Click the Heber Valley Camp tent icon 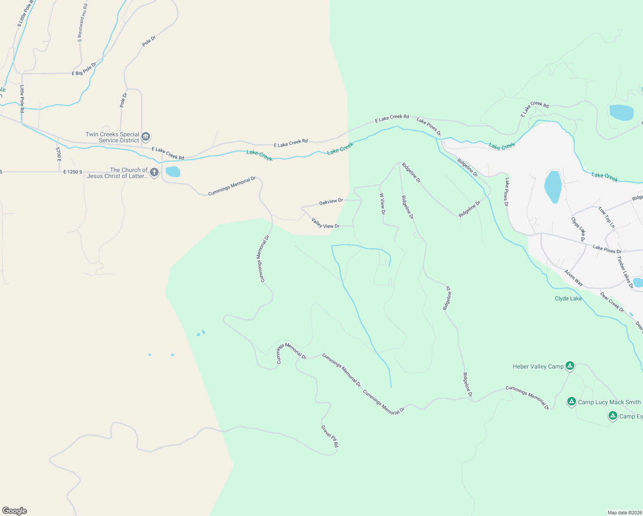570,366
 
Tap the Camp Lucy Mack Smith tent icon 571,402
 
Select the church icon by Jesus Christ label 154,172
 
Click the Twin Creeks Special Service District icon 146,137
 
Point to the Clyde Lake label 568,298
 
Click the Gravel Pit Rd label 330,436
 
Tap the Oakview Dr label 331,201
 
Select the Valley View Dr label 325,223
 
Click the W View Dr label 382,203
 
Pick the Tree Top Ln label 606,217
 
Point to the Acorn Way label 573,278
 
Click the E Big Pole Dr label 84,69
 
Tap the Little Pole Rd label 22,98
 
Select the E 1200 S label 73,172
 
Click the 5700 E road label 58,154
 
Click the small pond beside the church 173,172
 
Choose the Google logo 15,511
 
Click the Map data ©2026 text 624,513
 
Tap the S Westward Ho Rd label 82,22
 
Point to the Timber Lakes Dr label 625,272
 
